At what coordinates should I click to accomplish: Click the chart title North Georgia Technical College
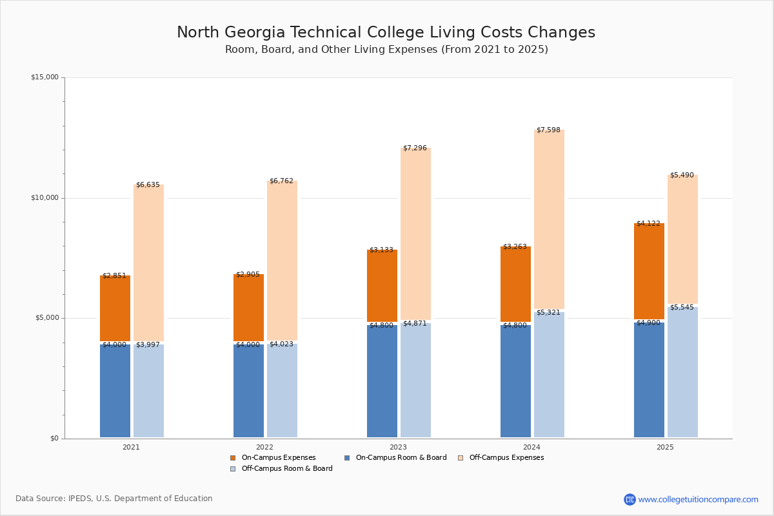click(386, 33)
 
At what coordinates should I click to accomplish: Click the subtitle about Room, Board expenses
click(386, 50)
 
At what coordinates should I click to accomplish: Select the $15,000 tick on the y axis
click(45, 77)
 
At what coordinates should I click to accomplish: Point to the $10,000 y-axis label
click(45, 198)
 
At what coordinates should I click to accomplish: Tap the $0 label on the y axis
click(54, 439)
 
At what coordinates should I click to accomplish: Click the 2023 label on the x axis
click(398, 447)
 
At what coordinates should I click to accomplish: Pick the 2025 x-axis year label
click(665, 447)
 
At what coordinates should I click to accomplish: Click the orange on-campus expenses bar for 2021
click(115, 308)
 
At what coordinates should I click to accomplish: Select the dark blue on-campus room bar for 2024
click(515, 381)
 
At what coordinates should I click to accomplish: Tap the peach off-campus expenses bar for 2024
click(549, 219)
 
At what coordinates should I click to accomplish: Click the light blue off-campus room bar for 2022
click(282, 390)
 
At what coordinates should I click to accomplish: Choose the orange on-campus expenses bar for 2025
click(649, 271)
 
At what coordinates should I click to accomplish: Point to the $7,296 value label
click(415, 148)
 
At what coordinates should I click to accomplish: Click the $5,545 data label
click(682, 308)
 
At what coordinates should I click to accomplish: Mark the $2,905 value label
click(248, 275)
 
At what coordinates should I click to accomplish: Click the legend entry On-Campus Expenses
click(278, 458)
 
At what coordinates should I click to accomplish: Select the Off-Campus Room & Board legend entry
click(286, 469)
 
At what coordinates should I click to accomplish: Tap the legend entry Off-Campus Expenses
click(506, 458)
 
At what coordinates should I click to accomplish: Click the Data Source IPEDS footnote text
click(114, 499)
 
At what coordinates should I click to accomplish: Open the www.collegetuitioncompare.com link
click(698, 499)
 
